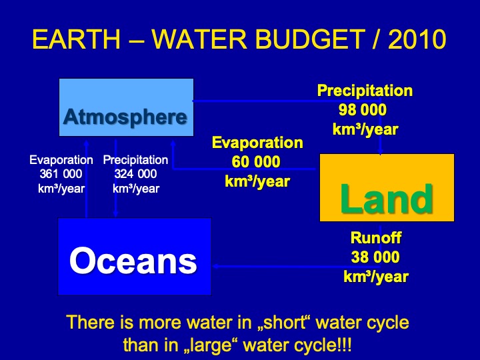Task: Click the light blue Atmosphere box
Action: pos(126,107)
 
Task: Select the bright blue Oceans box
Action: pos(135,257)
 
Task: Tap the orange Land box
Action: pos(387,187)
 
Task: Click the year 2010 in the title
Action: pos(417,39)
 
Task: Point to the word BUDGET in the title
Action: pos(310,39)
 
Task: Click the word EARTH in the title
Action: pos(77,39)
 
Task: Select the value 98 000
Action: pos(363,110)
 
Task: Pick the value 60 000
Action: pos(256,162)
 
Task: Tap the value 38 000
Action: pos(375,257)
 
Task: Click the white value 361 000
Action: pos(61,174)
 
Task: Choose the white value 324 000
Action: pos(135,174)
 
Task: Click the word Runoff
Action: pos(376,238)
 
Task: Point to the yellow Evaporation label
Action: pos(257,143)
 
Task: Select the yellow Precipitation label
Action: pos(365,91)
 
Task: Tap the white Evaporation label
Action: pos(61,160)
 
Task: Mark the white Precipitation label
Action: pos(135,160)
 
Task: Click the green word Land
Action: pos(387,199)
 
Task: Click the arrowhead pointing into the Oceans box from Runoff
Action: pos(215,266)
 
